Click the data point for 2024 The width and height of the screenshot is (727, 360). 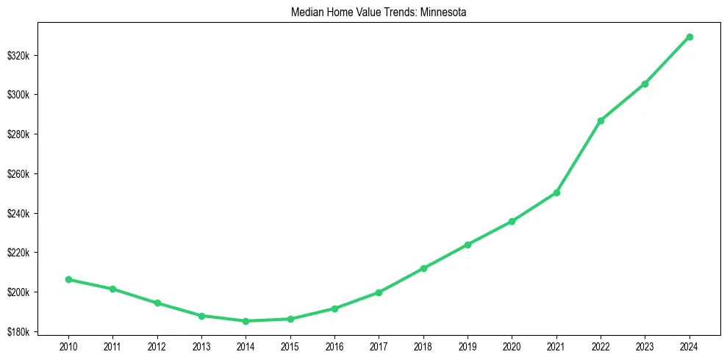pyautogui.click(x=690, y=37)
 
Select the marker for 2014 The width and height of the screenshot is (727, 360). pyautogui.click(x=246, y=321)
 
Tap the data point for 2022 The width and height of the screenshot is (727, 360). pyautogui.click(x=601, y=120)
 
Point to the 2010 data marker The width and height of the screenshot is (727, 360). pyautogui.click(x=68, y=279)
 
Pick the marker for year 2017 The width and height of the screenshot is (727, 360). pyautogui.click(x=379, y=292)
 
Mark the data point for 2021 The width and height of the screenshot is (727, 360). pyautogui.click(x=556, y=192)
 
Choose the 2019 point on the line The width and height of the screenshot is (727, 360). pyautogui.click(x=468, y=245)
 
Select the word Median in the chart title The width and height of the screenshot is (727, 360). pyautogui.click(x=309, y=12)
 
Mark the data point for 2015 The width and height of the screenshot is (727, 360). pyautogui.click(x=290, y=319)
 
